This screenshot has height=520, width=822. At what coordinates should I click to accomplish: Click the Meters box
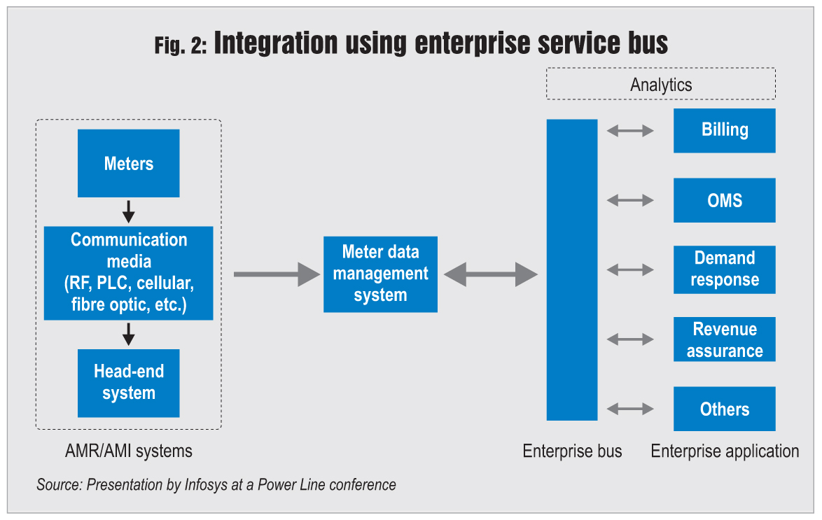point(128,163)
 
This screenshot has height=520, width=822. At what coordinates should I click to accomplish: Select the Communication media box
point(128,273)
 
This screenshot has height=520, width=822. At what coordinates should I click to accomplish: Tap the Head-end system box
point(128,383)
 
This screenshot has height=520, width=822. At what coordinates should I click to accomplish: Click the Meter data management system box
point(380,274)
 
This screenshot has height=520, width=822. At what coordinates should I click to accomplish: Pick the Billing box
point(724,130)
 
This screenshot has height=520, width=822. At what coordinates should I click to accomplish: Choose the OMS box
point(724,200)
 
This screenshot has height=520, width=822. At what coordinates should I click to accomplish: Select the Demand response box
point(724,269)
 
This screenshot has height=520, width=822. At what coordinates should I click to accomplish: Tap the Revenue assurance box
point(724,339)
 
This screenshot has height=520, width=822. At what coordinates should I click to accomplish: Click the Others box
point(724,409)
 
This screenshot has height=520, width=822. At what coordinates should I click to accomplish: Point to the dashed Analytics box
point(660,85)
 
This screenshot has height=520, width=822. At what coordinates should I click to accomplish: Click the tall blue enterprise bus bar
point(572,269)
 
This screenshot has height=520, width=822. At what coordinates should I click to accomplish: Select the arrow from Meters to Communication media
point(128,211)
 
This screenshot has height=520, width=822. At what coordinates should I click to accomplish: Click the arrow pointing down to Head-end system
point(128,334)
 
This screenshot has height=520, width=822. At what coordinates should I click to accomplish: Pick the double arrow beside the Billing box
point(630,130)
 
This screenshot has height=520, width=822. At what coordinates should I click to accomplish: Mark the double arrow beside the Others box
point(630,409)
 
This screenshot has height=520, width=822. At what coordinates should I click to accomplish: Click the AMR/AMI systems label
point(128,451)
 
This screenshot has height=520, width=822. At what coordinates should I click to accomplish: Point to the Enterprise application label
point(725,451)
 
